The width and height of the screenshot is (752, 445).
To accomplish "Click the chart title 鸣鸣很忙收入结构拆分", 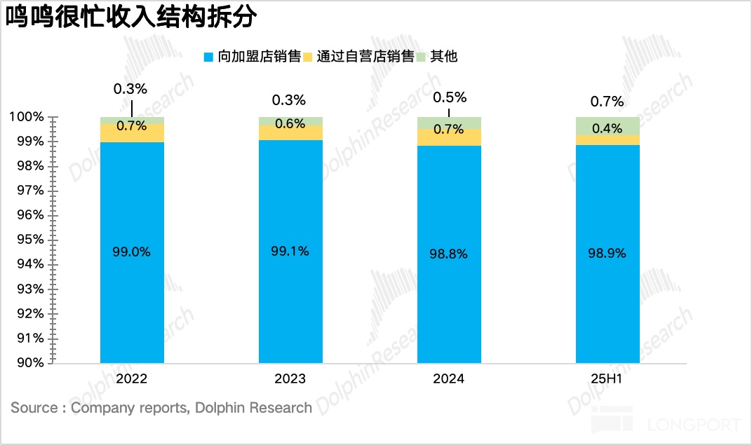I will pos(130,19).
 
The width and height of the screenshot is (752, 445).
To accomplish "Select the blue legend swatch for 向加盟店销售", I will pos(208,57).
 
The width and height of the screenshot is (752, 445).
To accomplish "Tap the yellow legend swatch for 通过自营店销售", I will pos(307,57).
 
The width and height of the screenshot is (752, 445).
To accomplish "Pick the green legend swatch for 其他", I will pos(422,57).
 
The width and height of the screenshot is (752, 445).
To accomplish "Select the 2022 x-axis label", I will pos(132,379).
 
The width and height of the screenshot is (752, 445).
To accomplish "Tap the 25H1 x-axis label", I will pos(607,379).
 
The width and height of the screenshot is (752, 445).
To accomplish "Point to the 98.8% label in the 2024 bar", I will pos(448,254).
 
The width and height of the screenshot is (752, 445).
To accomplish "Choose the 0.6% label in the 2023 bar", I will pos(290,124).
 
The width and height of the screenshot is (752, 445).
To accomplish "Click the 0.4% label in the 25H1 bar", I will pos(607,129).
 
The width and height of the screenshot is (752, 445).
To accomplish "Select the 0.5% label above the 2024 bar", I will pos(450,97).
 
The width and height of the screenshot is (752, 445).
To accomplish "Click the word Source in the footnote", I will pos(33,408).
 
